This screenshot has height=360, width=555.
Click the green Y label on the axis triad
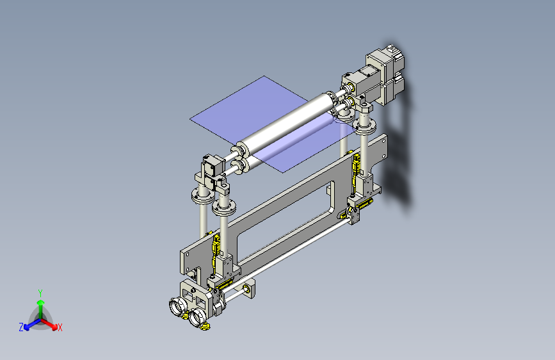40,292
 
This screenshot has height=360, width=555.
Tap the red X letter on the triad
60,328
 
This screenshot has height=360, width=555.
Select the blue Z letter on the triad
21,327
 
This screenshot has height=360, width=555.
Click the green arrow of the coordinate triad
40,304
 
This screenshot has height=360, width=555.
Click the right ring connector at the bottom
197,316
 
